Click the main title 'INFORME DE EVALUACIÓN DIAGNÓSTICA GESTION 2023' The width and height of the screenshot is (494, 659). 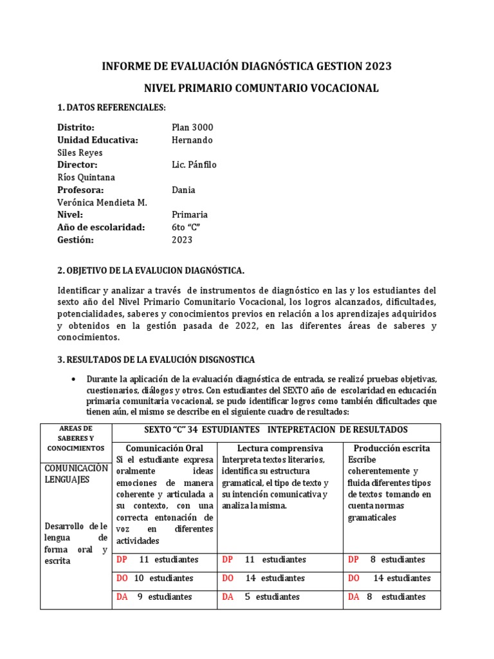[247, 66]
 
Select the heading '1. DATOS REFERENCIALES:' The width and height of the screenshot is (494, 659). [112, 107]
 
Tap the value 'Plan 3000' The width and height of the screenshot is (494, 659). [192, 127]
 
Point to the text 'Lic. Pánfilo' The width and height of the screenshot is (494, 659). [194, 165]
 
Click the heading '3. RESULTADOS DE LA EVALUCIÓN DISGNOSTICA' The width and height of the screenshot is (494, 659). [156, 358]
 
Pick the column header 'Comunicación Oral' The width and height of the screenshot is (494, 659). [165, 448]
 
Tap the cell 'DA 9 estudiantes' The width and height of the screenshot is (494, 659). [154, 597]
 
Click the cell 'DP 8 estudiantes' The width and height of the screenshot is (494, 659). [387, 559]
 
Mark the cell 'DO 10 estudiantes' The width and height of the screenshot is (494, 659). [155, 578]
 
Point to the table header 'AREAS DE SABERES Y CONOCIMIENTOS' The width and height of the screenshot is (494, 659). [76, 438]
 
